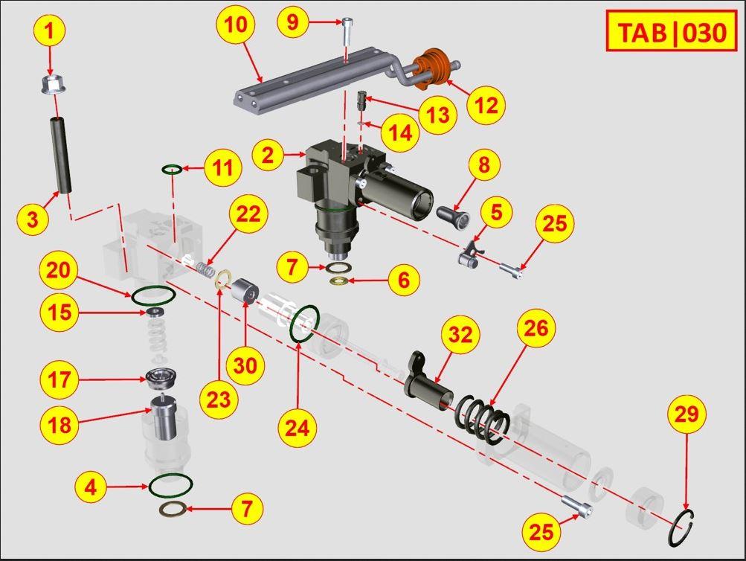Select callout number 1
[50, 31]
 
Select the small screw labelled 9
[348, 32]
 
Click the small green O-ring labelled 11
[173, 170]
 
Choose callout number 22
[248, 214]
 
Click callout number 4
[91, 488]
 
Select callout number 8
[483, 165]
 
